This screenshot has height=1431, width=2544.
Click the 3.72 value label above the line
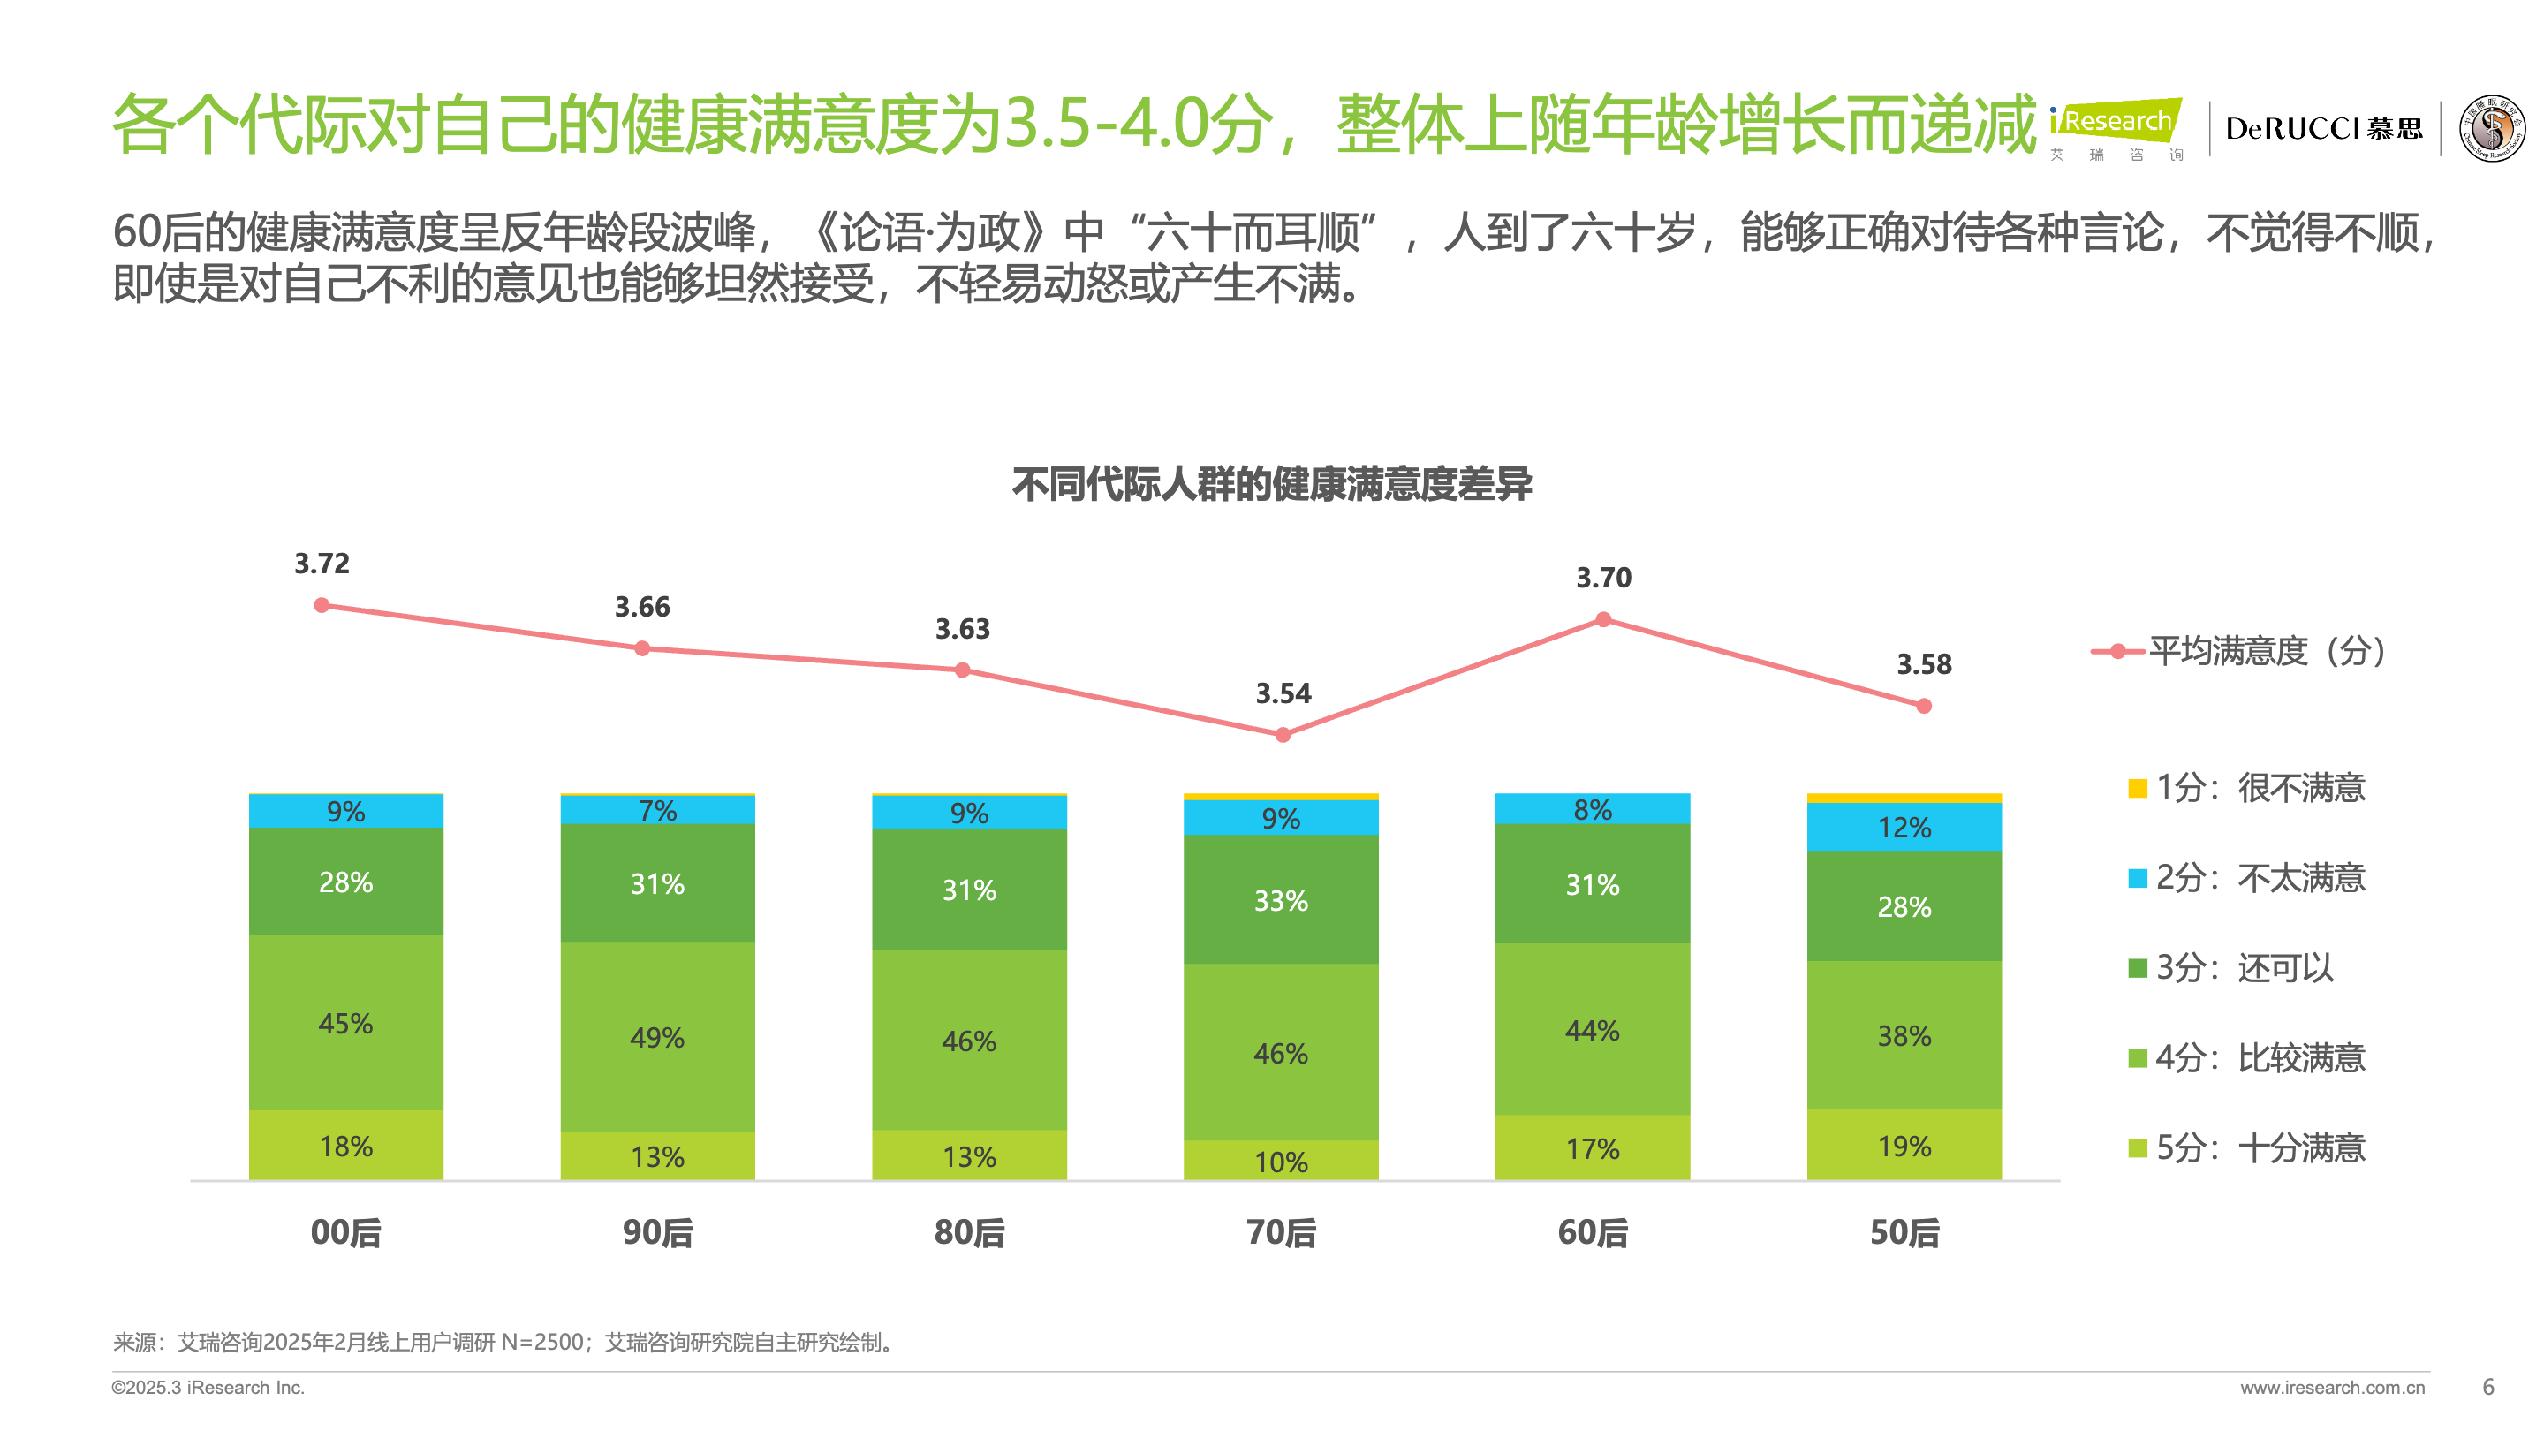322,564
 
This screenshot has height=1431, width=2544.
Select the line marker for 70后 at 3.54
1283,735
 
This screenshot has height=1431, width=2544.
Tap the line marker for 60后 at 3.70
1604,620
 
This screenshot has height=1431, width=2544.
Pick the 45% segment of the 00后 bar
345,1023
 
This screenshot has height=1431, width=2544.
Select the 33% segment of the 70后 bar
1281,901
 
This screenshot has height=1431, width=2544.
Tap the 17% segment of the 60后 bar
1593,1148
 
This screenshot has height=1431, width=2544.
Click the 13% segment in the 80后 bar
969,1156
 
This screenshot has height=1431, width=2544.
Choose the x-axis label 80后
969,1232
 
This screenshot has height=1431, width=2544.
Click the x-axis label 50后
1904,1232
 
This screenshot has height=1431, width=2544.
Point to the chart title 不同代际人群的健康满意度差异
1272,484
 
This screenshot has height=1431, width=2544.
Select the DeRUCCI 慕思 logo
2324,128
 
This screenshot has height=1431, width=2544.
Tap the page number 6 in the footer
2488,1388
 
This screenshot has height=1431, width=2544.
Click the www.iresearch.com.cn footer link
2332,1388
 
